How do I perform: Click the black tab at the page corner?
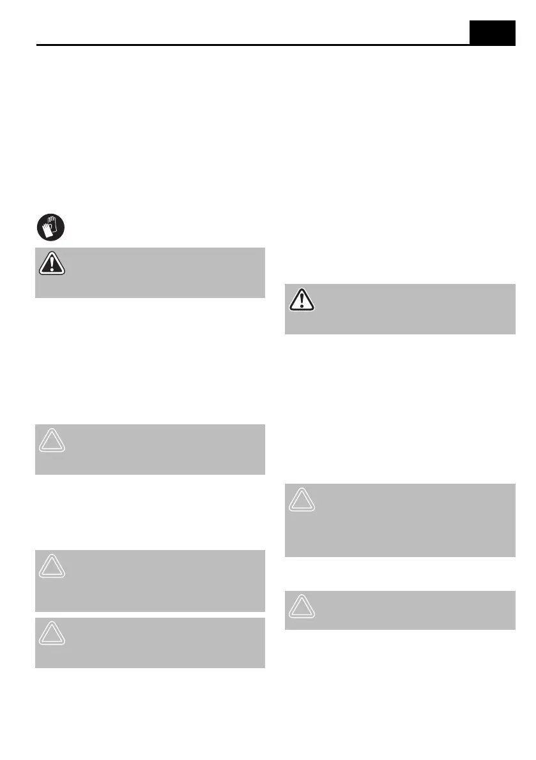point(492,32)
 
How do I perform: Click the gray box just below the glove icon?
point(149,272)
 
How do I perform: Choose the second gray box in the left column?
point(149,449)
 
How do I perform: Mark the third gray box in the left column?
point(149,581)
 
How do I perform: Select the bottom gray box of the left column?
point(149,643)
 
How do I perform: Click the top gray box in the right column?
point(400,309)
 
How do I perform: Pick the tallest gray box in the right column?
point(400,519)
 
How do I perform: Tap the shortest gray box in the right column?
point(400,610)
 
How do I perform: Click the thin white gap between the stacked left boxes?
point(149,615)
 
